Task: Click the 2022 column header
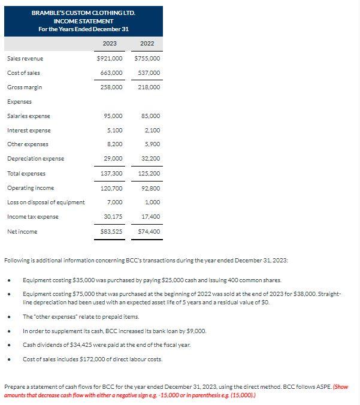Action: point(147,44)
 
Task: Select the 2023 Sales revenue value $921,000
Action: point(110,59)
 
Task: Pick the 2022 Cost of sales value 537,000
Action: point(149,73)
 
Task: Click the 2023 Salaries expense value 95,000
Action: point(113,116)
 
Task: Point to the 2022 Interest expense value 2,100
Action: point(152,131)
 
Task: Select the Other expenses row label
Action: point(28,144)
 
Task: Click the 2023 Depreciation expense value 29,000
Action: point(113,159)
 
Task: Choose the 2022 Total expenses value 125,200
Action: point(149,174)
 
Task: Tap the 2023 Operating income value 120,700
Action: point(111,188)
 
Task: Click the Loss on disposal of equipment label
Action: point(46,202)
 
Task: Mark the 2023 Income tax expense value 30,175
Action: point(113,216)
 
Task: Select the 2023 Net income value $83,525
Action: point(110,231)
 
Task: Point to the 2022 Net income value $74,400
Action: point(149,231)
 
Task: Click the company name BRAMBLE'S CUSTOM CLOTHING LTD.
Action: point(83,13)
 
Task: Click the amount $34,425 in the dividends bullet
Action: point(77,344)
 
